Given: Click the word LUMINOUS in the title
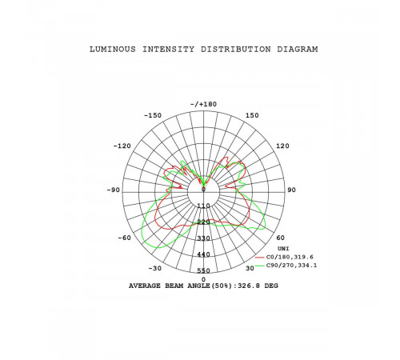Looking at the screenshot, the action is click(113, 50).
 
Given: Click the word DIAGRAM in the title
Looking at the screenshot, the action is click(298, 50).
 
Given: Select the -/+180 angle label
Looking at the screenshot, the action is click(203, 104).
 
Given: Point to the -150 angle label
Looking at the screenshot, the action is click(153, 115).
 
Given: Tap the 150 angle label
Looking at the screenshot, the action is click(252, 115).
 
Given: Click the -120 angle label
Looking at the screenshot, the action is click(122, 146).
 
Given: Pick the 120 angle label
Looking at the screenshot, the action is click(282, 146).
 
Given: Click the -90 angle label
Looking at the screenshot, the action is click(114, 190).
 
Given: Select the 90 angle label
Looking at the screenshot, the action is click(291, 190).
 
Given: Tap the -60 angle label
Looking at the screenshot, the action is click(125, 238).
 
